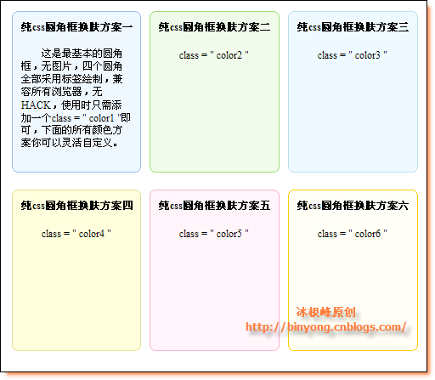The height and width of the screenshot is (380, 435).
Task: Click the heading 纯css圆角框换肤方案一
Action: point(76,27)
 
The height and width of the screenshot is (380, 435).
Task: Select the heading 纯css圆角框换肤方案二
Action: point(214,27)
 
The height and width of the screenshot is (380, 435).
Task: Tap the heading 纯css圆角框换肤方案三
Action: point(353,27)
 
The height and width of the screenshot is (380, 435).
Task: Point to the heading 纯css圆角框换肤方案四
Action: point(76,206)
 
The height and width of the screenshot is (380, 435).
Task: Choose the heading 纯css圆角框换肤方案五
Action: point(214,206)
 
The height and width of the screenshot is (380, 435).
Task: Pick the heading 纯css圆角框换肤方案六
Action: point(353,206)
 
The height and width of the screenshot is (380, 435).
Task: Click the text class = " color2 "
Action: point(214,55)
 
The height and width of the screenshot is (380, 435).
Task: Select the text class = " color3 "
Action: point(353,55)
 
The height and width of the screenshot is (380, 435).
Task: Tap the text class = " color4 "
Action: point(76,234)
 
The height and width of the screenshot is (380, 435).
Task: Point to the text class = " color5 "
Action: point(214,234)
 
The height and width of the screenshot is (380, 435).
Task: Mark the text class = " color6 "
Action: point(353,234)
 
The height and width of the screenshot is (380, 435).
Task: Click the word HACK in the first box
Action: point(36,105)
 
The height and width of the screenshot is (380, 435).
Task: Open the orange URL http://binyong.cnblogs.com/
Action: point(326,327)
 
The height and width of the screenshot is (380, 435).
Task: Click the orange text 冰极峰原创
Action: point(326,312)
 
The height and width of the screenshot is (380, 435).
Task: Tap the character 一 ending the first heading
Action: point(127,27)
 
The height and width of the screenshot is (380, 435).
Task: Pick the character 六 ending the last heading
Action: point(404,206)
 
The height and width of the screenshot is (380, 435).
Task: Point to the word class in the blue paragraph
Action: point(61,118)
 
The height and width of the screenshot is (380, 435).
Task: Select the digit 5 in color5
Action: point(240,234)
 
